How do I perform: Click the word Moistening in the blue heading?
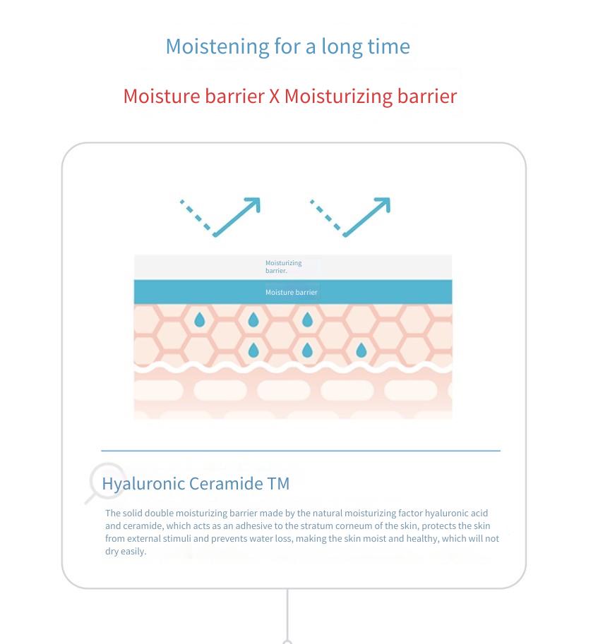click(217, 47)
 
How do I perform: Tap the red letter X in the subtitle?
click(274, 97)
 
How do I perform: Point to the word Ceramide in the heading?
click(226, 483)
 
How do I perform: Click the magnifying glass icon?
click(106, 482)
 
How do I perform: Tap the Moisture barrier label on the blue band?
click(292, 293)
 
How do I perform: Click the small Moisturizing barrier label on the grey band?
click(284, 267)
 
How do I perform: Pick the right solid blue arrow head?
click(383, 205)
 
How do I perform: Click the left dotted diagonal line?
click(196, 214)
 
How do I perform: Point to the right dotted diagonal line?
click(325, 214)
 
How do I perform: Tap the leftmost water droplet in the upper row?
click(200, 320)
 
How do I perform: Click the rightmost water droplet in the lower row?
click(361, 351)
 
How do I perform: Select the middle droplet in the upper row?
click(253, 320)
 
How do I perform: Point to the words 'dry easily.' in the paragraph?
click(126, 551)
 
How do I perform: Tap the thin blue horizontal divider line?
click(301, 451)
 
